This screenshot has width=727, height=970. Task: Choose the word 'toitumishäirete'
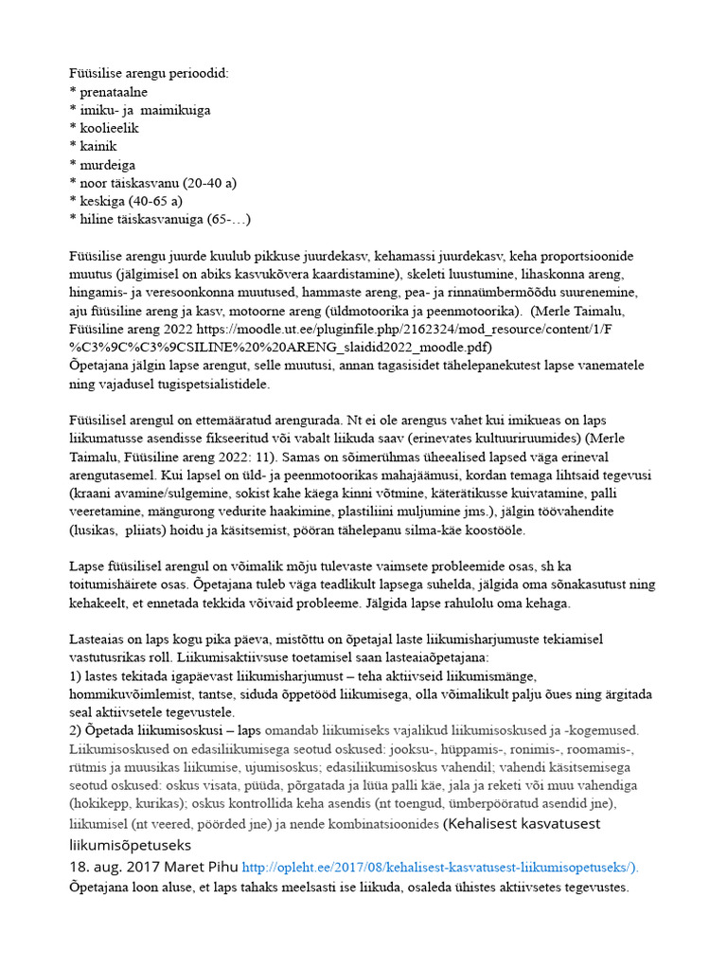115,584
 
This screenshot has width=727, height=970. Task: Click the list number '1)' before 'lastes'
76,675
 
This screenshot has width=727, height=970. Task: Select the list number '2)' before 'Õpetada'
76,730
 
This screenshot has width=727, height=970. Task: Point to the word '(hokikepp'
100,803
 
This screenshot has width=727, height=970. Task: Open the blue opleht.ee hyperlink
440,866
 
